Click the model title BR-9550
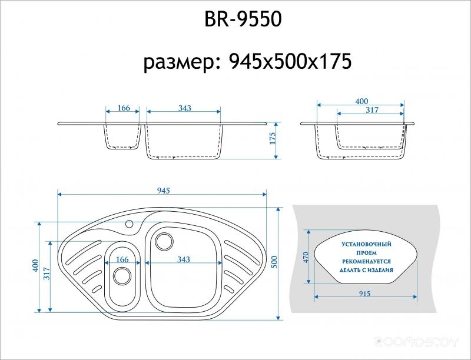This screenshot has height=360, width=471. pos(243,19)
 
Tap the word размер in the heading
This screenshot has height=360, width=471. pos(181,63)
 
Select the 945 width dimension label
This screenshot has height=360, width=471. pos(164,191)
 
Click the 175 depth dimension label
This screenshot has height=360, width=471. pos(272,138)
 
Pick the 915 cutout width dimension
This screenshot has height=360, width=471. pos(364,294)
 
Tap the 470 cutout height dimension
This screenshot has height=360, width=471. pos(306,258)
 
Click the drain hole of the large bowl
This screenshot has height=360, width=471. pos(164,241)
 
